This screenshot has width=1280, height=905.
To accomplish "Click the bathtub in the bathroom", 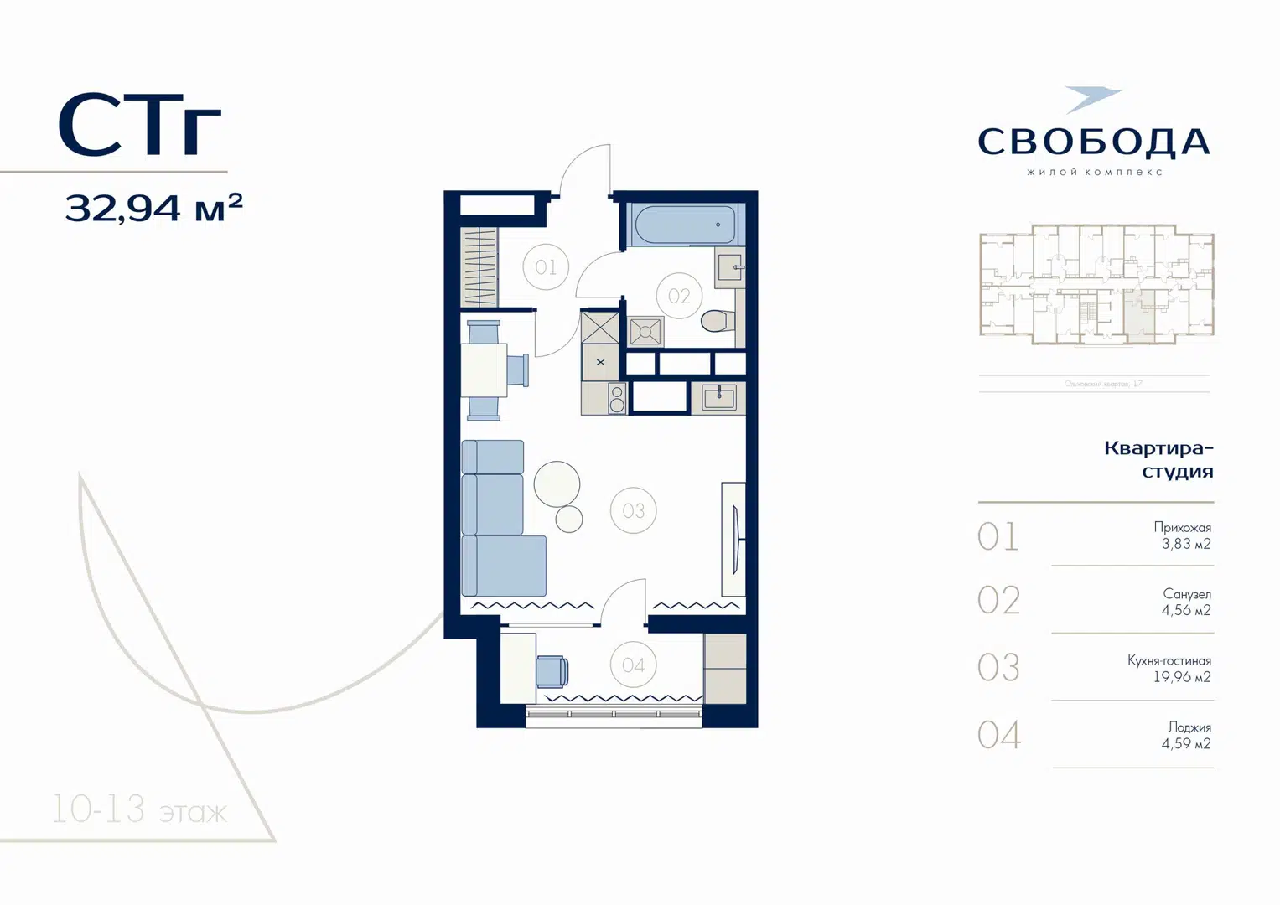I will click(x=685, y=225).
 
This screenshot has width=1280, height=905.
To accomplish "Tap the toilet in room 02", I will click(x=718, y=320).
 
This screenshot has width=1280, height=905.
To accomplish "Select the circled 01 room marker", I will click(x=546, y=267).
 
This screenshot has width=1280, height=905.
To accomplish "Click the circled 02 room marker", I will click(x=679, y=296).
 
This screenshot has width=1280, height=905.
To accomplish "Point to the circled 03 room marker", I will click(x=634, y=510).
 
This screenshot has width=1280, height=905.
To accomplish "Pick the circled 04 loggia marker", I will click(x=634, y=665).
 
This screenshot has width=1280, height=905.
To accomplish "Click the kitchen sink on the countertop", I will click(x=718, y=397).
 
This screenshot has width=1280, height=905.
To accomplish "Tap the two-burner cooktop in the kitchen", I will click(x=617, y=399).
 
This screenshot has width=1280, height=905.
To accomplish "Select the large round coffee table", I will click(x=557, y=484).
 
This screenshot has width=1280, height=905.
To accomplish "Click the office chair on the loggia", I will click(x=552, y=671).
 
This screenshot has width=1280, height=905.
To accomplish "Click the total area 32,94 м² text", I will click(x=153, y=207).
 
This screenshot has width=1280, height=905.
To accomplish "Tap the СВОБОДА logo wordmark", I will click(x=1094, y=142).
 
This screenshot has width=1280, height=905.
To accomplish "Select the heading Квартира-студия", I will click(x=1158, y=459).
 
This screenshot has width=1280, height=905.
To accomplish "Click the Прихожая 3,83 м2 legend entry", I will click(x=1182, y=535).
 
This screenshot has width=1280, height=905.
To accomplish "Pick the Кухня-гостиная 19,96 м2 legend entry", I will click(x=1169, y=669).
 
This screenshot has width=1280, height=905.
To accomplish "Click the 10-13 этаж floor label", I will click(x=139, y=810).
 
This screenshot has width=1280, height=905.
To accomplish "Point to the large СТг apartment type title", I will click(x=139, y=126).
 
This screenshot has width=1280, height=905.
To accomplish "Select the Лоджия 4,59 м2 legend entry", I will click(x=1186, y=735).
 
